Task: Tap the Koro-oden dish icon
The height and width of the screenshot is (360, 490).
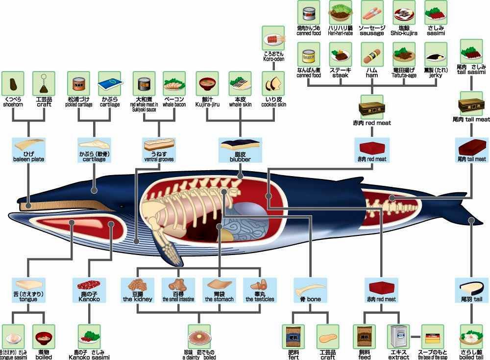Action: tap(273, 38)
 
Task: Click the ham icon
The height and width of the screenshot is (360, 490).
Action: tap(372, 54)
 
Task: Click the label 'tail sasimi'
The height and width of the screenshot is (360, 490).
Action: tap(472, 72)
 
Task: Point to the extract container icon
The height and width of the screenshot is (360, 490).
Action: tap(398, 336)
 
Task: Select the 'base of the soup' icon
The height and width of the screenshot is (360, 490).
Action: tap(433, 336)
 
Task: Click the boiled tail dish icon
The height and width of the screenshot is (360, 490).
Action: tap(471, 336)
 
